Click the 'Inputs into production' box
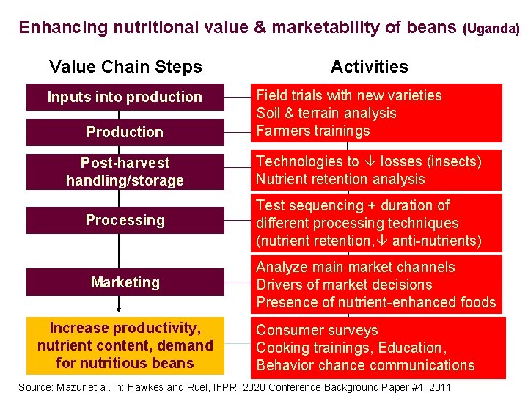[125, 98]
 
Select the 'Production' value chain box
[125, 132]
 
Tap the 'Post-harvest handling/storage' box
[125, 172]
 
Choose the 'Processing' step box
[125, 220]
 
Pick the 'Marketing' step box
[125, 282]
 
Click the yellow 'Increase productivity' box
[125, 345]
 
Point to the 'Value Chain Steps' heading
[125, 67]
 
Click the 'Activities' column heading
[370, 67]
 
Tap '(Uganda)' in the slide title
[491, 29]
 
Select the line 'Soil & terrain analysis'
[326, 114]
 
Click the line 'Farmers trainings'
[313, 131]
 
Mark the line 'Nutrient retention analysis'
[340, 180]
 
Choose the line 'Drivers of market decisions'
[344, 285]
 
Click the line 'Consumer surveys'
[317, 331]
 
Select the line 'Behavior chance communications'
[365, 365]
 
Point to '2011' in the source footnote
[437, 386]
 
